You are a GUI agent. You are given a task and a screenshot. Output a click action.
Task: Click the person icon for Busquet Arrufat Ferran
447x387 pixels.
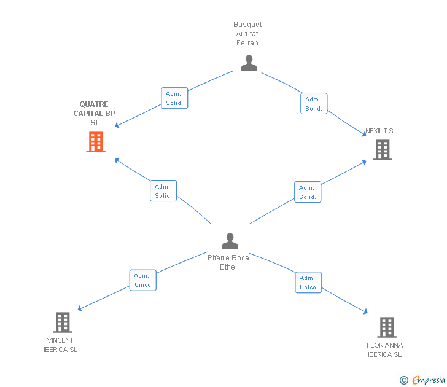(x=249, y=63)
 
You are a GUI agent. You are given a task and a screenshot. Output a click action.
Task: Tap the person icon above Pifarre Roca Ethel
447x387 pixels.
(x=230, y=241)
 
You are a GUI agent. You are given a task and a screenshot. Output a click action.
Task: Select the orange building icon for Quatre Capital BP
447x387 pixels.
(x=96, y=142)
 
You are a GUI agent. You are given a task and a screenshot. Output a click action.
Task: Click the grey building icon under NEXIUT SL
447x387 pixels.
(x=382, y=150)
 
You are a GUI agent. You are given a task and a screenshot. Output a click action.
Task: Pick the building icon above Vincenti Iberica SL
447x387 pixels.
(x=62, y=322)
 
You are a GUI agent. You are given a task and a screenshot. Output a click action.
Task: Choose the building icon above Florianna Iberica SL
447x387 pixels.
(x=386, y=327)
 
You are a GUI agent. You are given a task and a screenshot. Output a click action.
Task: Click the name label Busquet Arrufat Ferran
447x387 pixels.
(x=247, y=34)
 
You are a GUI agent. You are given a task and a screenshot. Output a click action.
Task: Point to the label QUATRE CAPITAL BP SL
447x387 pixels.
(x=95, y=114)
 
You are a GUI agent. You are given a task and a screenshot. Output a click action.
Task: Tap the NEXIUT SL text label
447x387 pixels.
(x=381, y=131)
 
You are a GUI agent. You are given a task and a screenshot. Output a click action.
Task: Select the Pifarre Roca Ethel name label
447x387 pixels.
(x=228, y=262)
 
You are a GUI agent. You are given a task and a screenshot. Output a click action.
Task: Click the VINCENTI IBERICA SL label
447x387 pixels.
(x=61, y=345)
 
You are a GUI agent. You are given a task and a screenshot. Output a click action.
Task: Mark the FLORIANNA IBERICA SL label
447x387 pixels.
(x=385, y=350)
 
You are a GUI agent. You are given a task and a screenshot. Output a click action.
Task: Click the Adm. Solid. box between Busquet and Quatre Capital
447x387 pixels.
(x=174, y=98)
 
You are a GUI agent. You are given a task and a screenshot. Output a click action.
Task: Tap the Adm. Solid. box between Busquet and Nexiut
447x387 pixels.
(x=314, y=104)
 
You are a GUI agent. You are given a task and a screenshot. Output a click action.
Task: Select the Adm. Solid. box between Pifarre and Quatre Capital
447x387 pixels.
(x=163, y=191)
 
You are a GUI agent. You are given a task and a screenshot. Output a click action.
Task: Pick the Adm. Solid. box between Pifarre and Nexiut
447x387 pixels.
(x=308, y=192)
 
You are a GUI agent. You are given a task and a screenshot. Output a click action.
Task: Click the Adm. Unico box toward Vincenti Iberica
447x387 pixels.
(x=143, y=280)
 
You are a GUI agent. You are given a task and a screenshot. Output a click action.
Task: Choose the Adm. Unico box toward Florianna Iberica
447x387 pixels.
(x=308, y=283)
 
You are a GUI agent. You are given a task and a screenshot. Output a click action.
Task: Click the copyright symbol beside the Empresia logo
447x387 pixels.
(x=403, y=380)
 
